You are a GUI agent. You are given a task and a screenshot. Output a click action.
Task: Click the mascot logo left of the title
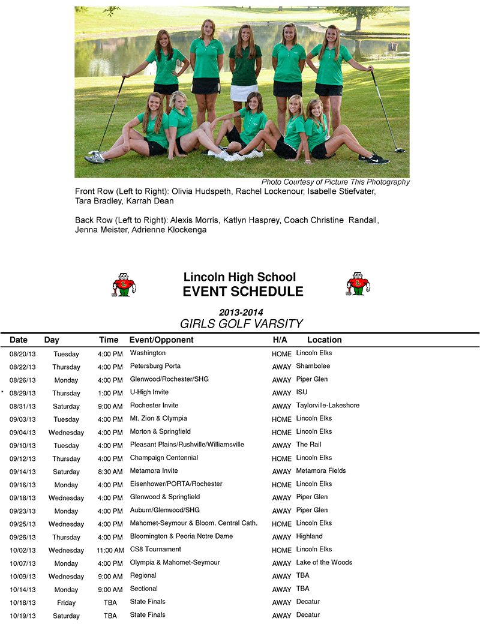(124, 284)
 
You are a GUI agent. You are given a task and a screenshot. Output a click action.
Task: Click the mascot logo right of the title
(358, 284)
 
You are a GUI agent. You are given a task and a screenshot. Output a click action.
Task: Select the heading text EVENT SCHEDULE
(243, 292)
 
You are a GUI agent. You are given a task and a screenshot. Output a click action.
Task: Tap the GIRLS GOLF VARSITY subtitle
(241, 324)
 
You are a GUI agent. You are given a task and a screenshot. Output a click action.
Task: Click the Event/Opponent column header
(161, 340)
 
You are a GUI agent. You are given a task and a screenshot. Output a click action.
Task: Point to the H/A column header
(280, 340)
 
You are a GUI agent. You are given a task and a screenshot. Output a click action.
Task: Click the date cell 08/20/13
(23, 354)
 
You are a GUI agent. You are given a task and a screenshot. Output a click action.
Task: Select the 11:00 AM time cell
(110, 550)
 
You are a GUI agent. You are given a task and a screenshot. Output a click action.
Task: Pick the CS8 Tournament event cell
(155, 550)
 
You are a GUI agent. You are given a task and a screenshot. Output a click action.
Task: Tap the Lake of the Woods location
(324, 563)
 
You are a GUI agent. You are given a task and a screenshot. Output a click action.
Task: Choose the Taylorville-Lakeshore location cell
(328, 406)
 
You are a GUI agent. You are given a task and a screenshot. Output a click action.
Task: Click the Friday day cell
(66, 603)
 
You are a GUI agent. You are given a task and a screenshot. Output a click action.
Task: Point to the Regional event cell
(144, 576)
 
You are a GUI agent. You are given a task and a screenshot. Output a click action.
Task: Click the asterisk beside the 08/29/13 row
(2, 392)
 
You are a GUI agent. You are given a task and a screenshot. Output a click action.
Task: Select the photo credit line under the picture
(335, 182)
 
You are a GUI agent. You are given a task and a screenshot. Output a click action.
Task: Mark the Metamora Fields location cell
(321, 471)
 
